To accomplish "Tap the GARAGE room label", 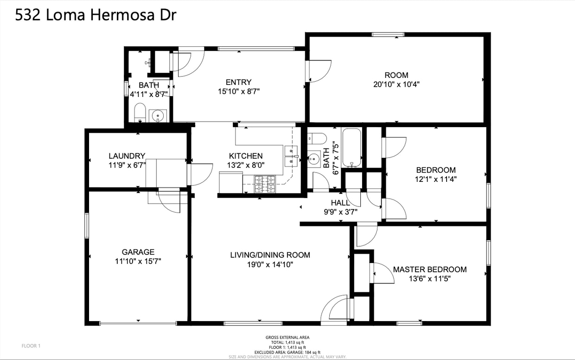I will pos(138,252).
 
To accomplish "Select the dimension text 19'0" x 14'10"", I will pos(270,264).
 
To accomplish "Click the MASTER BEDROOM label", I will pos(429,270).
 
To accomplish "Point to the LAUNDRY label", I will pos(127,156).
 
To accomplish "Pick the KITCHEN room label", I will pos(246,156).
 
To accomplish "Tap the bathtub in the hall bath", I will pos(351,148).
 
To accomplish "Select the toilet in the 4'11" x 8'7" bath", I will pos(140,113).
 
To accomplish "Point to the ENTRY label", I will pos(238,82).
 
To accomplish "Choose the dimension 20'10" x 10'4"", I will pos(396,84).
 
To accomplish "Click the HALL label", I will pos(340,203).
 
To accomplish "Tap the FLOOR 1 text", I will pos(32,346).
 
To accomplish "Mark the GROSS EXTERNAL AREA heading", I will pos(287,337).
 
